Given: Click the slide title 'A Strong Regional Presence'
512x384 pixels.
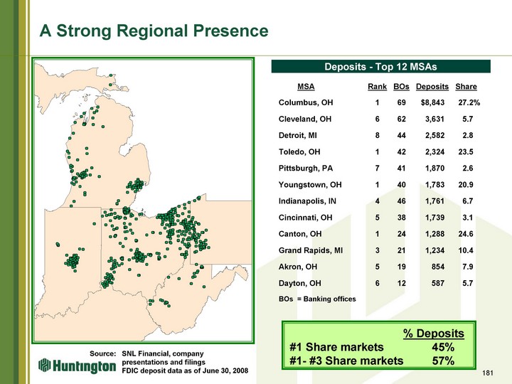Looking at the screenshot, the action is click(x=154, y=31).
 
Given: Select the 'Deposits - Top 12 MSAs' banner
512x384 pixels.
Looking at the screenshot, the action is click(x=380, y=66).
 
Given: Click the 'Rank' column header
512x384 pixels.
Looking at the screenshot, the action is click(x=377, y=87).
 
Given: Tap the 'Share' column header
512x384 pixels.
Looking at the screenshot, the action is click(x=466, y=87).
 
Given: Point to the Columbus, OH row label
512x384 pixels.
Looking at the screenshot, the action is click(x=306, y=102).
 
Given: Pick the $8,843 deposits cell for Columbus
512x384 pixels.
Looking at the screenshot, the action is click(x=432, y=102).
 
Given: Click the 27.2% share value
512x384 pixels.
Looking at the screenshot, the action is click(x=469, y=102).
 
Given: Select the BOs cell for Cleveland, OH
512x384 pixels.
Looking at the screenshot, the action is click(x=401, y=119).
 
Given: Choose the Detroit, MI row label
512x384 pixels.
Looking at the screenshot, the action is click(x=297, y=135).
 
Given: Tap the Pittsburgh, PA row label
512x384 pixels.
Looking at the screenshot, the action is click(x=305, y=168).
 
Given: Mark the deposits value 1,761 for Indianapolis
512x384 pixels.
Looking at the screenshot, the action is click(x=434, y=201).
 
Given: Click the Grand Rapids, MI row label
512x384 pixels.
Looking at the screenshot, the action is click(x=311, y=250).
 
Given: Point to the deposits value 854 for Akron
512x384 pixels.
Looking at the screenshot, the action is click(x=438, y=267).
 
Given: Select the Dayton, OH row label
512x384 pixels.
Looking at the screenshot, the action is click(x=300, y=283).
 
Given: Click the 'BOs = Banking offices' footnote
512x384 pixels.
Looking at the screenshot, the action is click(x=317, y=299).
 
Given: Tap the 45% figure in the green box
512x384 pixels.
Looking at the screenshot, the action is click(x=443, y=347).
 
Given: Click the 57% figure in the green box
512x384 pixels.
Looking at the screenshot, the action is click(x=443, y=361).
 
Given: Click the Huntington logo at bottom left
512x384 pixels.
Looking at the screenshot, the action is click(x=77, y=366).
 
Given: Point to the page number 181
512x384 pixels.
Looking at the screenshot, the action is click(x=487, y=373).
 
